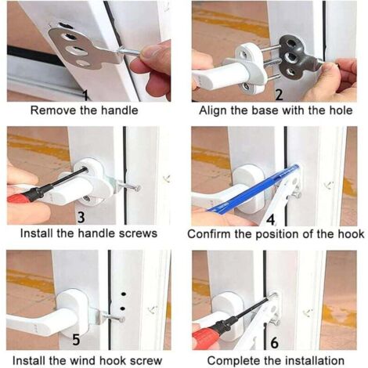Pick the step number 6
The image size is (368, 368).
[x=273, y=342]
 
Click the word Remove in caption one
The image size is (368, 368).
[x=52, y=110]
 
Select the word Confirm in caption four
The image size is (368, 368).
[x=211, y=233]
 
